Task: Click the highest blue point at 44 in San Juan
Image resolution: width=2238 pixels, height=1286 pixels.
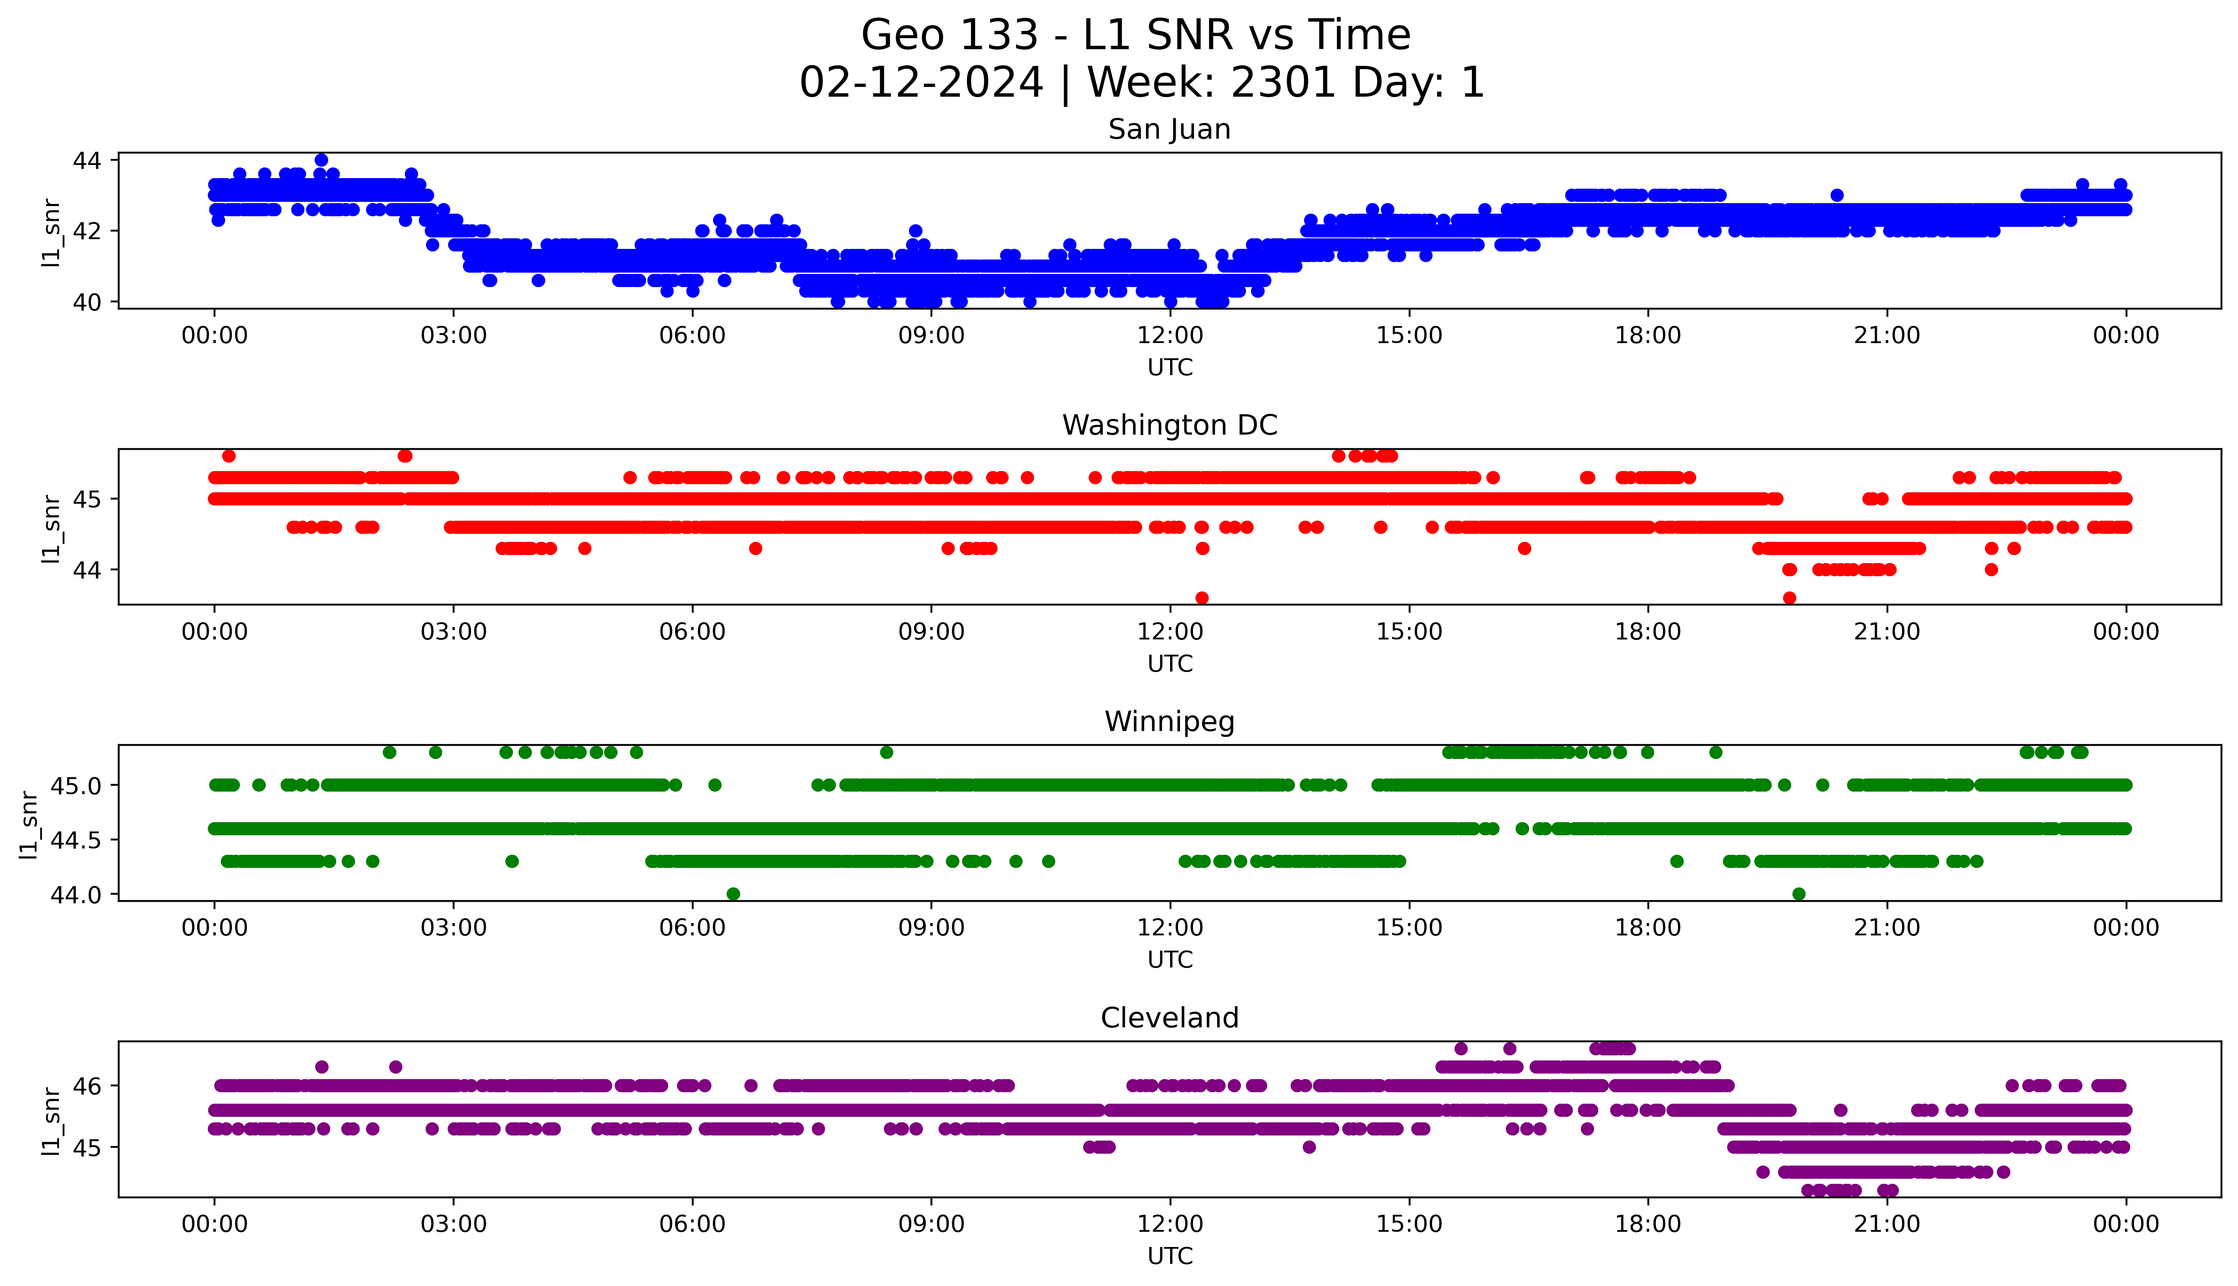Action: click(x=321, y=160)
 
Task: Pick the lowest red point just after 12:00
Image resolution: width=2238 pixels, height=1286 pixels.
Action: click(x=1201, y=598)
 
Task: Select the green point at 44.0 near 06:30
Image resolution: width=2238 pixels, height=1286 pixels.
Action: click(x=733, y=894)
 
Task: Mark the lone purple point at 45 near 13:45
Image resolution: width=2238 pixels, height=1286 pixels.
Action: click(x=1309, y=1147)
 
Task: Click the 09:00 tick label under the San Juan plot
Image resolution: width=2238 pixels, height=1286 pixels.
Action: click(x=931, y=336)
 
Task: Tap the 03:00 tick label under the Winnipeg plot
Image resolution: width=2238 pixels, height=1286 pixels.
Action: click(x=454, y=928)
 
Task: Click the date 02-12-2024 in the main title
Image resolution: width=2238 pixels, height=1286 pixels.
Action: click(x=921, y=83)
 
